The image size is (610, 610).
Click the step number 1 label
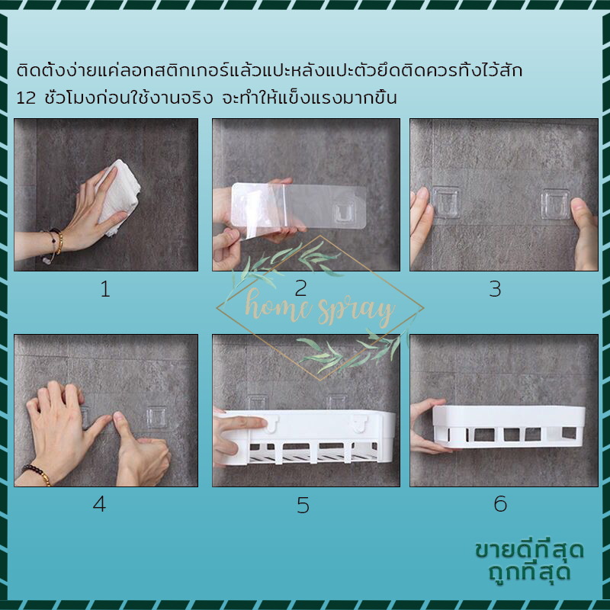(105, 290)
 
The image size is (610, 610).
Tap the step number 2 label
(300, 288)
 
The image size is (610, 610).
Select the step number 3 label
(495, 290)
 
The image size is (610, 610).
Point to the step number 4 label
(99, 504)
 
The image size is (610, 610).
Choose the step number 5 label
(303, 506)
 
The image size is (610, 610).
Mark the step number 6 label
(500, 504)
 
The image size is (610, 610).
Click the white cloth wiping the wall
(117, 197)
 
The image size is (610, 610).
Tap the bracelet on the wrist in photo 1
(54, 242)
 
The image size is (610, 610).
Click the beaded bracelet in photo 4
(37, 474)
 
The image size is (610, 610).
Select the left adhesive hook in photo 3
(445, 201)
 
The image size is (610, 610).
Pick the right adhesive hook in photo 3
(556, 204)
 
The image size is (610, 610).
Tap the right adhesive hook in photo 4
(156, 417)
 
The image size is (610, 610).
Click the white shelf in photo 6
(509, 427)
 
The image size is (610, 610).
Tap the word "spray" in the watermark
(355, 311)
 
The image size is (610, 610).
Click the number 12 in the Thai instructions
(27, 98)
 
